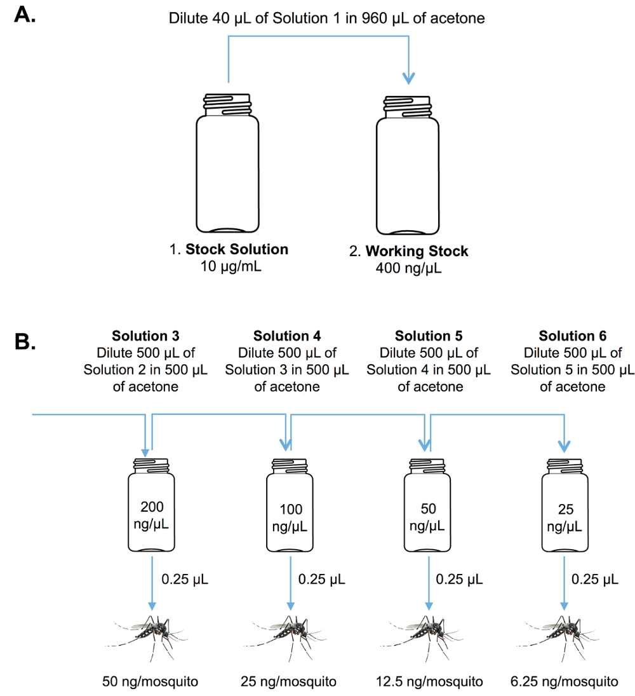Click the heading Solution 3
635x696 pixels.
coord(145,336)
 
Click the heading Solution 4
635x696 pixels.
coord(287,336)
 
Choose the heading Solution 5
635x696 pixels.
coord(429,336)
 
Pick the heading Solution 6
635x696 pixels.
coord(572,336)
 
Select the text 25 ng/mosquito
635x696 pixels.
coord(290,682)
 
